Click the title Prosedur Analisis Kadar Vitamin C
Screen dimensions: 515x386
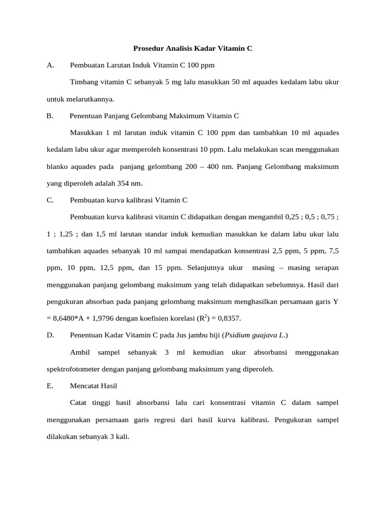[192, 49]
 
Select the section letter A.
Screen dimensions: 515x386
[50, 65]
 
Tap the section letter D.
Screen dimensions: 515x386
[50, 335]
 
